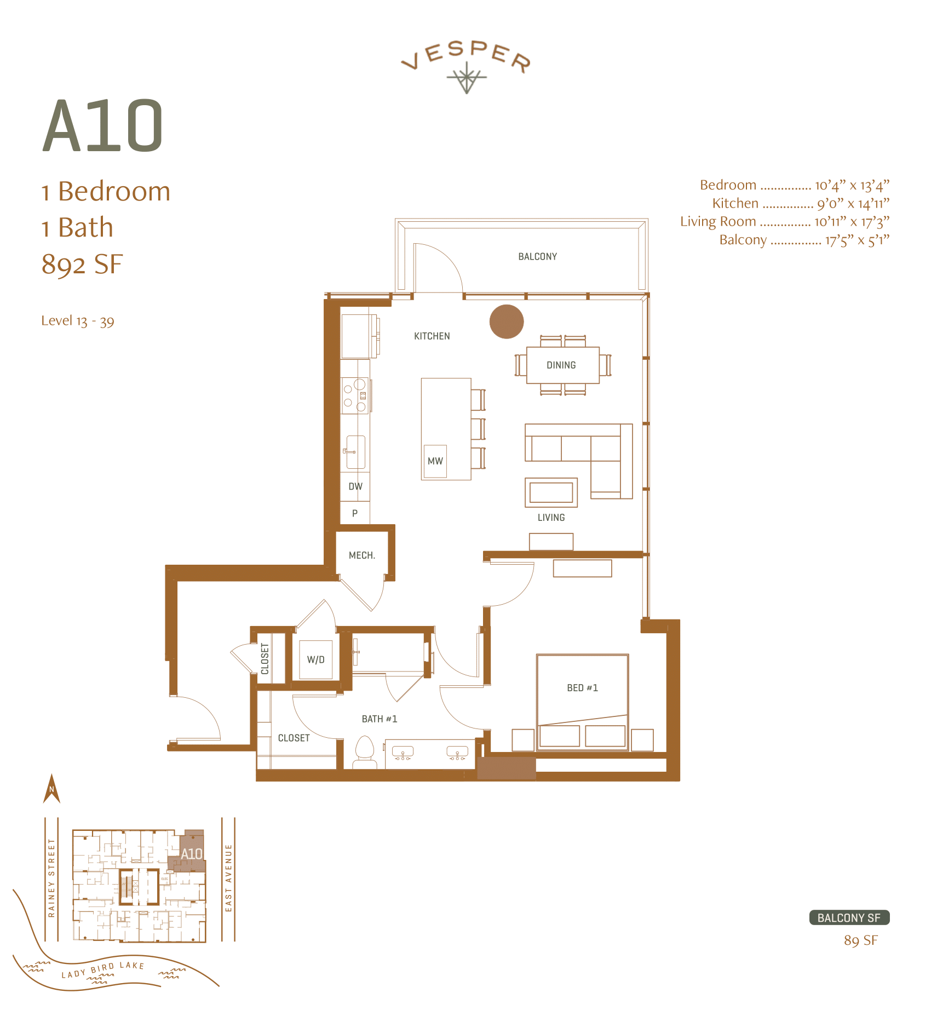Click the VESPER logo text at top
click(x=466, y=55)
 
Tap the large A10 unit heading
click(x=103, y=127)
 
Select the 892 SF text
click(x=82, y=265)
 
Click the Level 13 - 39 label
click(x=78, y=321)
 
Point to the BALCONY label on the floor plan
click(x=537, y=256)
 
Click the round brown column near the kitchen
click(x=507, y=322)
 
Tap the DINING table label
click(x=561, y=365)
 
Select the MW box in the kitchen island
click(x=435, y=461)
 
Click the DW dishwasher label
click(x=355, y=486)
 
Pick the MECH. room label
click(x=362, y=555)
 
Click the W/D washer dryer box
click(x=316, y=659)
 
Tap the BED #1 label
click(x=582, y=688)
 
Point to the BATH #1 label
click(x=379, y=719)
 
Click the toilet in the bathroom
click(x=365, y=753)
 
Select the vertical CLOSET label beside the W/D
click(x=265, y=659)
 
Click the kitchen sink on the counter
click(x=355, y=452)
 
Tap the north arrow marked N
click(x=51, y=789)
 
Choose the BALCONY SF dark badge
click(x=849, y=917)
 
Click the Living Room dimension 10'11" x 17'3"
click(x=852, y=222)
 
